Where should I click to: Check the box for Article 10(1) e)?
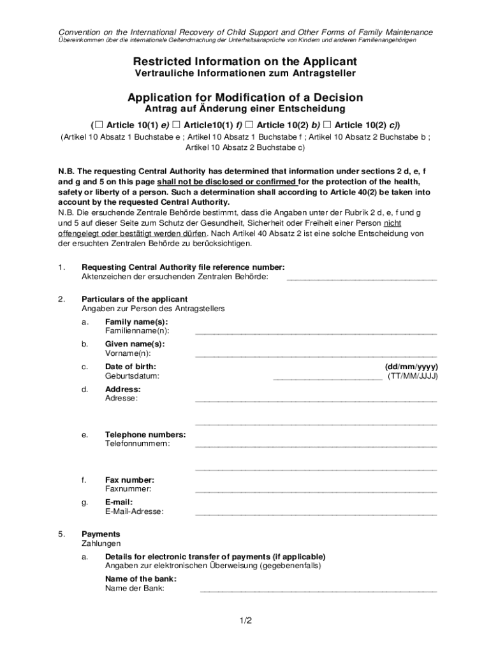(98, 124)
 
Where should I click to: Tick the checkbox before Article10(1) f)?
(176, 124)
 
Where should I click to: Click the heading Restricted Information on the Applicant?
(245, 61)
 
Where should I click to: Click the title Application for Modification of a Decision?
(245, 98)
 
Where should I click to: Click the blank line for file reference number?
(362, 279)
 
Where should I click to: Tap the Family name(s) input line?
(316, 333)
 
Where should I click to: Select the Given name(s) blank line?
(316, 355)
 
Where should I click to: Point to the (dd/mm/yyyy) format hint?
(411, 367)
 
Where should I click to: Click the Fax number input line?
(316, 491)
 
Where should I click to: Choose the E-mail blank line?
(316, 513)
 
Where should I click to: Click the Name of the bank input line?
(318, 591)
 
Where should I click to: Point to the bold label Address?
(122, 389)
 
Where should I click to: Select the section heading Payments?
(100, 534)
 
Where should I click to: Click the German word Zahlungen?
(101, 543)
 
